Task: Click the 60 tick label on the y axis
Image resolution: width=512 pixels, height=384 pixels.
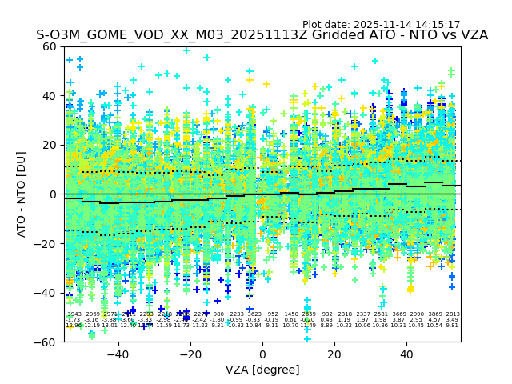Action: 50,46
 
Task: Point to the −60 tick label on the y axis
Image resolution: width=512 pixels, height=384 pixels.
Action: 47,342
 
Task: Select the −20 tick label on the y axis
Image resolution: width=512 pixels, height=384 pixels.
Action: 47,244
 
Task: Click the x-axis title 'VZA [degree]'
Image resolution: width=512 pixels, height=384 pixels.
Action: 262,370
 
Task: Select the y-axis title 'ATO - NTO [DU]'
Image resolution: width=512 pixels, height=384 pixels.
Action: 22,194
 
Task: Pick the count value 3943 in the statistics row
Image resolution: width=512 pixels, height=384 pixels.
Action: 74,314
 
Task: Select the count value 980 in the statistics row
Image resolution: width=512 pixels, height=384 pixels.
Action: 218,314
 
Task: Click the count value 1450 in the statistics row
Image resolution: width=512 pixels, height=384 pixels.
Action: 291,314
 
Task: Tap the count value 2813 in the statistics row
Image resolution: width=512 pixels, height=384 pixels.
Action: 453,314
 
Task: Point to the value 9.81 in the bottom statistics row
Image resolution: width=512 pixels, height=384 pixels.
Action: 453,326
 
